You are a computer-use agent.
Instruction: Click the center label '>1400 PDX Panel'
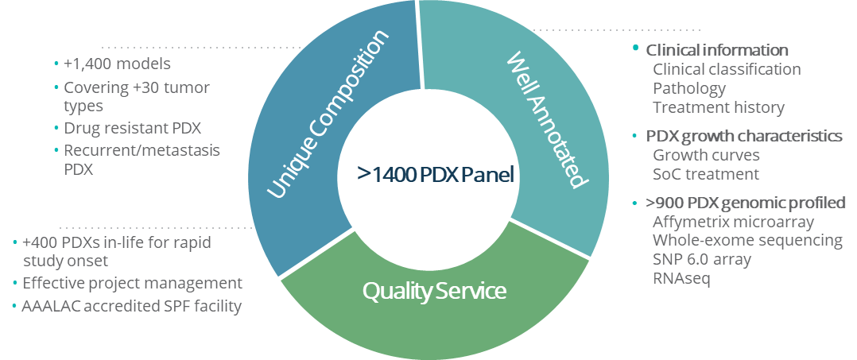click(x=436, y=174)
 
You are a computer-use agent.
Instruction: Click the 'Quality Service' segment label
click(x=435, y=291)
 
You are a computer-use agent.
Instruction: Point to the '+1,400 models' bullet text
click(x=117, y=64)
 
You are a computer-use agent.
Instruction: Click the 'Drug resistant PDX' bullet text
click(x=133, y=129)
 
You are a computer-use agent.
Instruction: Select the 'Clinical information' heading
click(x=717, y=50)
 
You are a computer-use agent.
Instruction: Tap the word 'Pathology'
click(x=689, y=88)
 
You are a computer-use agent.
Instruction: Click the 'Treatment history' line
click(x=719, y=107)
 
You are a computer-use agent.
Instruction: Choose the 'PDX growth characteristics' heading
click(x=744, y=136)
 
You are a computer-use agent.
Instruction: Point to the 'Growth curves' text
click(x=706, y=155)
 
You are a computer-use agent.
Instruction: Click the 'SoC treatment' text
click(x=706, y=174)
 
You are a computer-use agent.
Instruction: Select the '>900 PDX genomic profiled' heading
click(x=746, y=203)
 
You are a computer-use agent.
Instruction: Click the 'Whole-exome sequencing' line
click(x=747, y=240)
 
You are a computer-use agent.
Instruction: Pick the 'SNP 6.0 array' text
click(x=702, y=259)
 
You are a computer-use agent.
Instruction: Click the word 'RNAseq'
click(x=681, y=278)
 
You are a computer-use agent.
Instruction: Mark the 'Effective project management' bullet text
click(x=132, y=284)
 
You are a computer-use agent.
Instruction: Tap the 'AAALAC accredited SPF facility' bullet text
click(x=132, y=307)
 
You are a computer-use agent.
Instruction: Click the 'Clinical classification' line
click(x=727, y=69)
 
